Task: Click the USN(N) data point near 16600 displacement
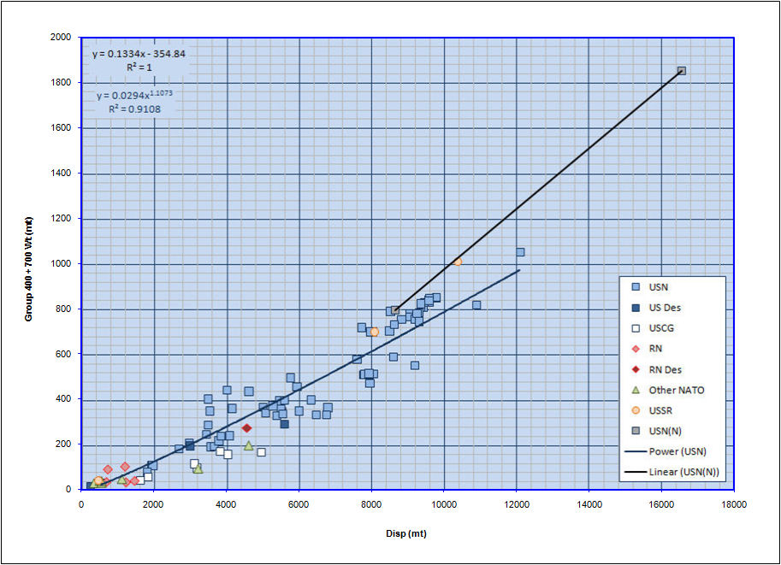click(681, 71)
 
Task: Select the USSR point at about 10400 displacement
click(458, 262)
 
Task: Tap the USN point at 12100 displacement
click(520, 252)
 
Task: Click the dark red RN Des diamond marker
click(246, 428)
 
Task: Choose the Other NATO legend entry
click(672, 390)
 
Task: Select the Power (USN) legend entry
click(672, 451)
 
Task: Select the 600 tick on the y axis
click(63, 354)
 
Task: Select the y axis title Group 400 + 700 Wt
click(28, 262)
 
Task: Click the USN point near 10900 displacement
click(476, 305)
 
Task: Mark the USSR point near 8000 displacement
click(374, 332)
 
